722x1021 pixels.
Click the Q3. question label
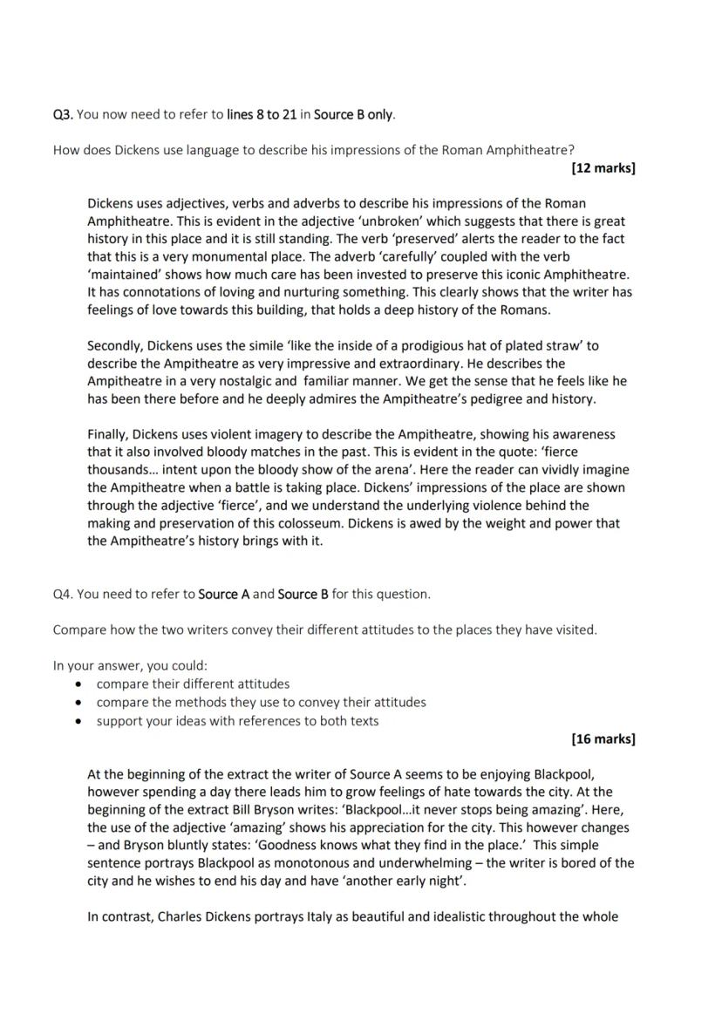(63, 114)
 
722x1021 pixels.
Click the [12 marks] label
(603, 167)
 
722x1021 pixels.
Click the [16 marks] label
(603, 739)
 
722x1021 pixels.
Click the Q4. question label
(63, 594)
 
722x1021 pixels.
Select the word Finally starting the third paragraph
(109, 434)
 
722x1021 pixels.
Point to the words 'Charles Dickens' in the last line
(201, 916)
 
